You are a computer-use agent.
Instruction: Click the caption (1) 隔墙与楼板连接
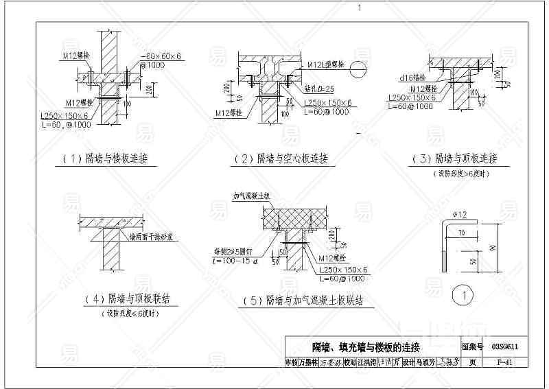pyautogui.click(x=104, y=159)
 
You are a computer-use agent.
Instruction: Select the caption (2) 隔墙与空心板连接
pyautogui.click(x=281, y=159)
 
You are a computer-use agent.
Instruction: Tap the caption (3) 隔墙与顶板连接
pyautogui.click(x=453, y=159)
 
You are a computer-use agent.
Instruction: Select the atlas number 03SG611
pyautogui.click(x=504, y=347)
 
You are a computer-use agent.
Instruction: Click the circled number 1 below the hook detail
pyautogui.click(x=465, y=296)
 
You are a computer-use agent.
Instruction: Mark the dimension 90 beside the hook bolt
pyautogui.click(x=493, y=248)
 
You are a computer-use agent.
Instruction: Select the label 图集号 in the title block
pyautogui.click(x=472, y=347)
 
